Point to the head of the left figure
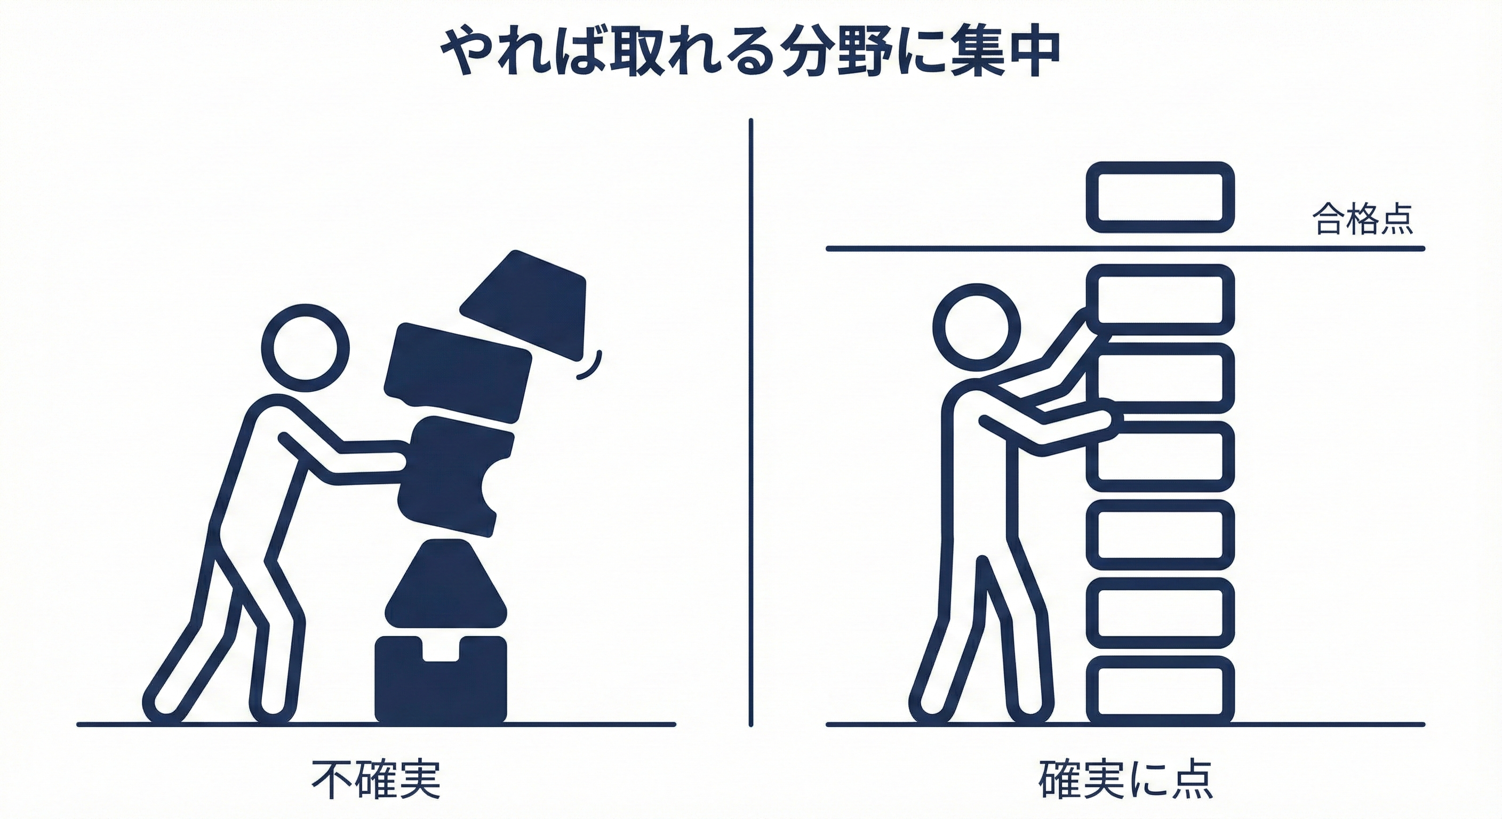pos(305,348)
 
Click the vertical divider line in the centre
pos(750,420)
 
